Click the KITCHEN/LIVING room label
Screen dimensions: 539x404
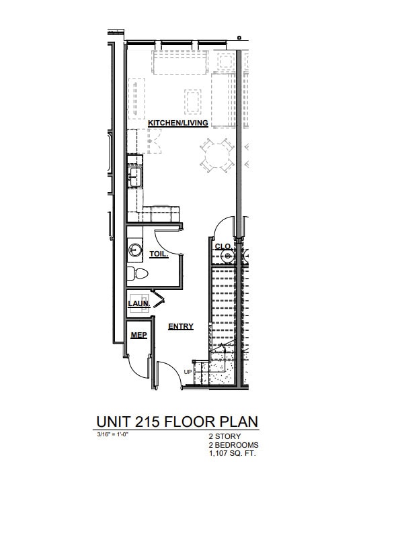pyautogui.click(x=178, y=123)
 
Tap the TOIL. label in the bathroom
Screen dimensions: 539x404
pyautogui.click(x=159, y=254)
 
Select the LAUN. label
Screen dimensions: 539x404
pyautogui.click(x=138, y=303)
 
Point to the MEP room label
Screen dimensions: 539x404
pyautogui.click(x=139, y=335)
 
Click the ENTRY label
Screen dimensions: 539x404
pyautogui.click(x=181, y=327)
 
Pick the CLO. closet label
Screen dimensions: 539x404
pyautogui.click(x=223, y=246)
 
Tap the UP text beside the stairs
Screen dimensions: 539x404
pyautogui.click(x=188, y=371)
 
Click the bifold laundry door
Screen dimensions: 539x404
pyautogui.click(x=159, y=299)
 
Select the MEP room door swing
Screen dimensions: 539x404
pyautogui.click(x=140, y=367)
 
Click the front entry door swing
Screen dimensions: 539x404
pyautogui.click(x=167, y=373)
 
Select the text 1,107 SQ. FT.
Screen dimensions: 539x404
pyautogui.click(x=233, y=454)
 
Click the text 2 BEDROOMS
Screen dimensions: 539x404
pyautogui.click(x=233, y=445)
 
